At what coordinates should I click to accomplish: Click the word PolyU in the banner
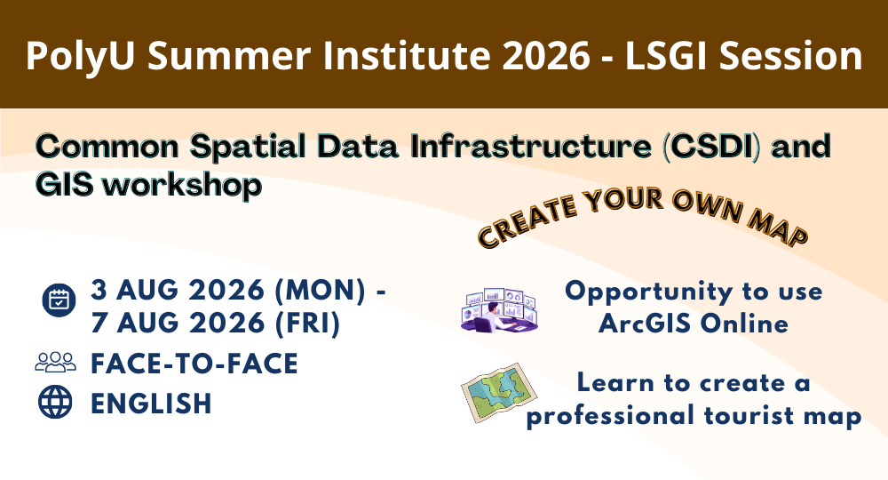(83, 56)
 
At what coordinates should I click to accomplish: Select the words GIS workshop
(148, 185)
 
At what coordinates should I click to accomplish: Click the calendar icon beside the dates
(59, 300)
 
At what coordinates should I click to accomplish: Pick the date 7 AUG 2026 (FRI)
(216, 324)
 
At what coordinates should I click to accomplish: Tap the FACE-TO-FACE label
(194, 363)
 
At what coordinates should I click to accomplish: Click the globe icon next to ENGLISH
(56, 402)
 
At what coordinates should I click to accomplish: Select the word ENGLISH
(151, 403)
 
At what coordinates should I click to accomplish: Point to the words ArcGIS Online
(693, 324)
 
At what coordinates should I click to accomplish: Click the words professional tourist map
(693, 416)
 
